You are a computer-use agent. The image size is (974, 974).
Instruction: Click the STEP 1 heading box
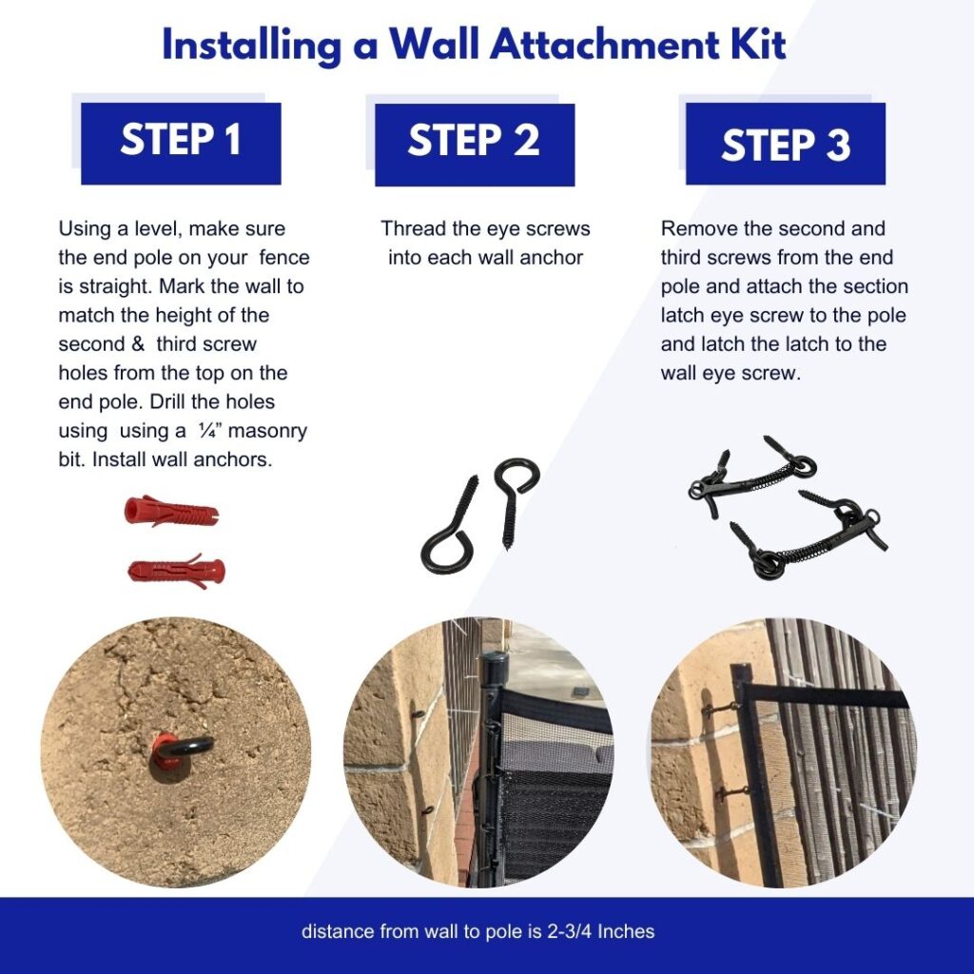point(181,143)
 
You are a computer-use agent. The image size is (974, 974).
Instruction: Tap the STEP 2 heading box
point(475,143)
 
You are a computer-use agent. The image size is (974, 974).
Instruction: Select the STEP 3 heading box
point(785,145)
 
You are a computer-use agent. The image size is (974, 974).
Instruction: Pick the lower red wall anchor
point(176,571)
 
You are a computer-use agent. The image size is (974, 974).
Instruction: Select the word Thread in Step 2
point(412,229)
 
